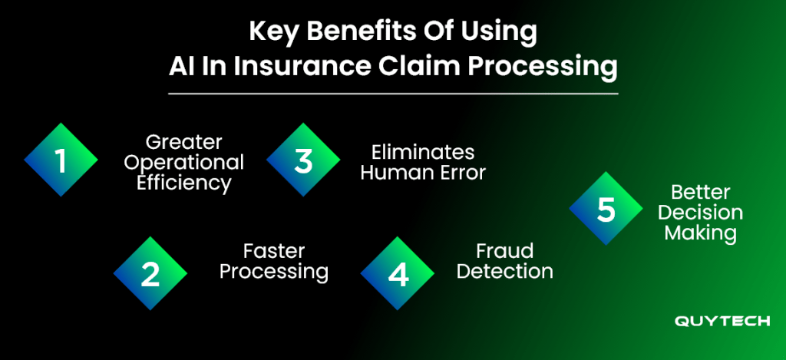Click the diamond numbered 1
pyautogui.click(x=61, y=160)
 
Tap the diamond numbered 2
pyautogui.click(x=150, y=273)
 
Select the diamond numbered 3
pyautogui.click(x=303, y=160)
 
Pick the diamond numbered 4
pyautogui.click(x=398, y=273)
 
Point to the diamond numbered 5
pyautogui.click(x=606, y=208)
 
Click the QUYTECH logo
pyautogui.click(x=722, y=321)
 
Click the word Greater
pyautogui.click(x=184, y=143)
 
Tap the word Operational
pyautogui.click(x=184, y=163)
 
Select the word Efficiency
pyautogui.click(x=184, y=183)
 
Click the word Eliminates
pyautogui.click(x=423, y=152)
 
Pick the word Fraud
pyautogui.click(x=505, y=251)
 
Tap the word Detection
pyautogui.click(x=505, y=272)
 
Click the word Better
pyautogui.click(x=701, y=192)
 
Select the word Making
pyautogui.click(x=701, y=233)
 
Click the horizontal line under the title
pyautogui.click(x=393, y=94)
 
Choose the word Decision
pyautogui.click(x=701, y=213)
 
